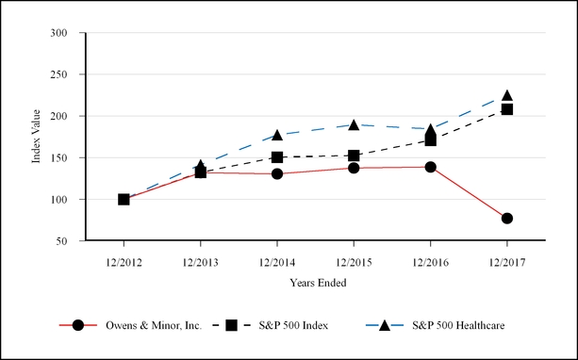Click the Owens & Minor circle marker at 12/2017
(506, 218)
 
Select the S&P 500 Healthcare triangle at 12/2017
(506, 96)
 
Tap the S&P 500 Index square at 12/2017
(506, 109)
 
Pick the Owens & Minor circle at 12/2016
(430, 167)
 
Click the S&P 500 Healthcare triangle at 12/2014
(277, 136)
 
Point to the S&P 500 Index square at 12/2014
(277, 157)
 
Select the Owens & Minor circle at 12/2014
(277, 173)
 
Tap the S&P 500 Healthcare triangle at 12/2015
(354, 124)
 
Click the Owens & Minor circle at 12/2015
(354, 168)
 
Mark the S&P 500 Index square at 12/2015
(354, 155)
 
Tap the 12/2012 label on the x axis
(124, 260)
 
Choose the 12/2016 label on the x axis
(430, 260)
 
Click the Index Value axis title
(37, 138)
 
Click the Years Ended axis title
(316, 281)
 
